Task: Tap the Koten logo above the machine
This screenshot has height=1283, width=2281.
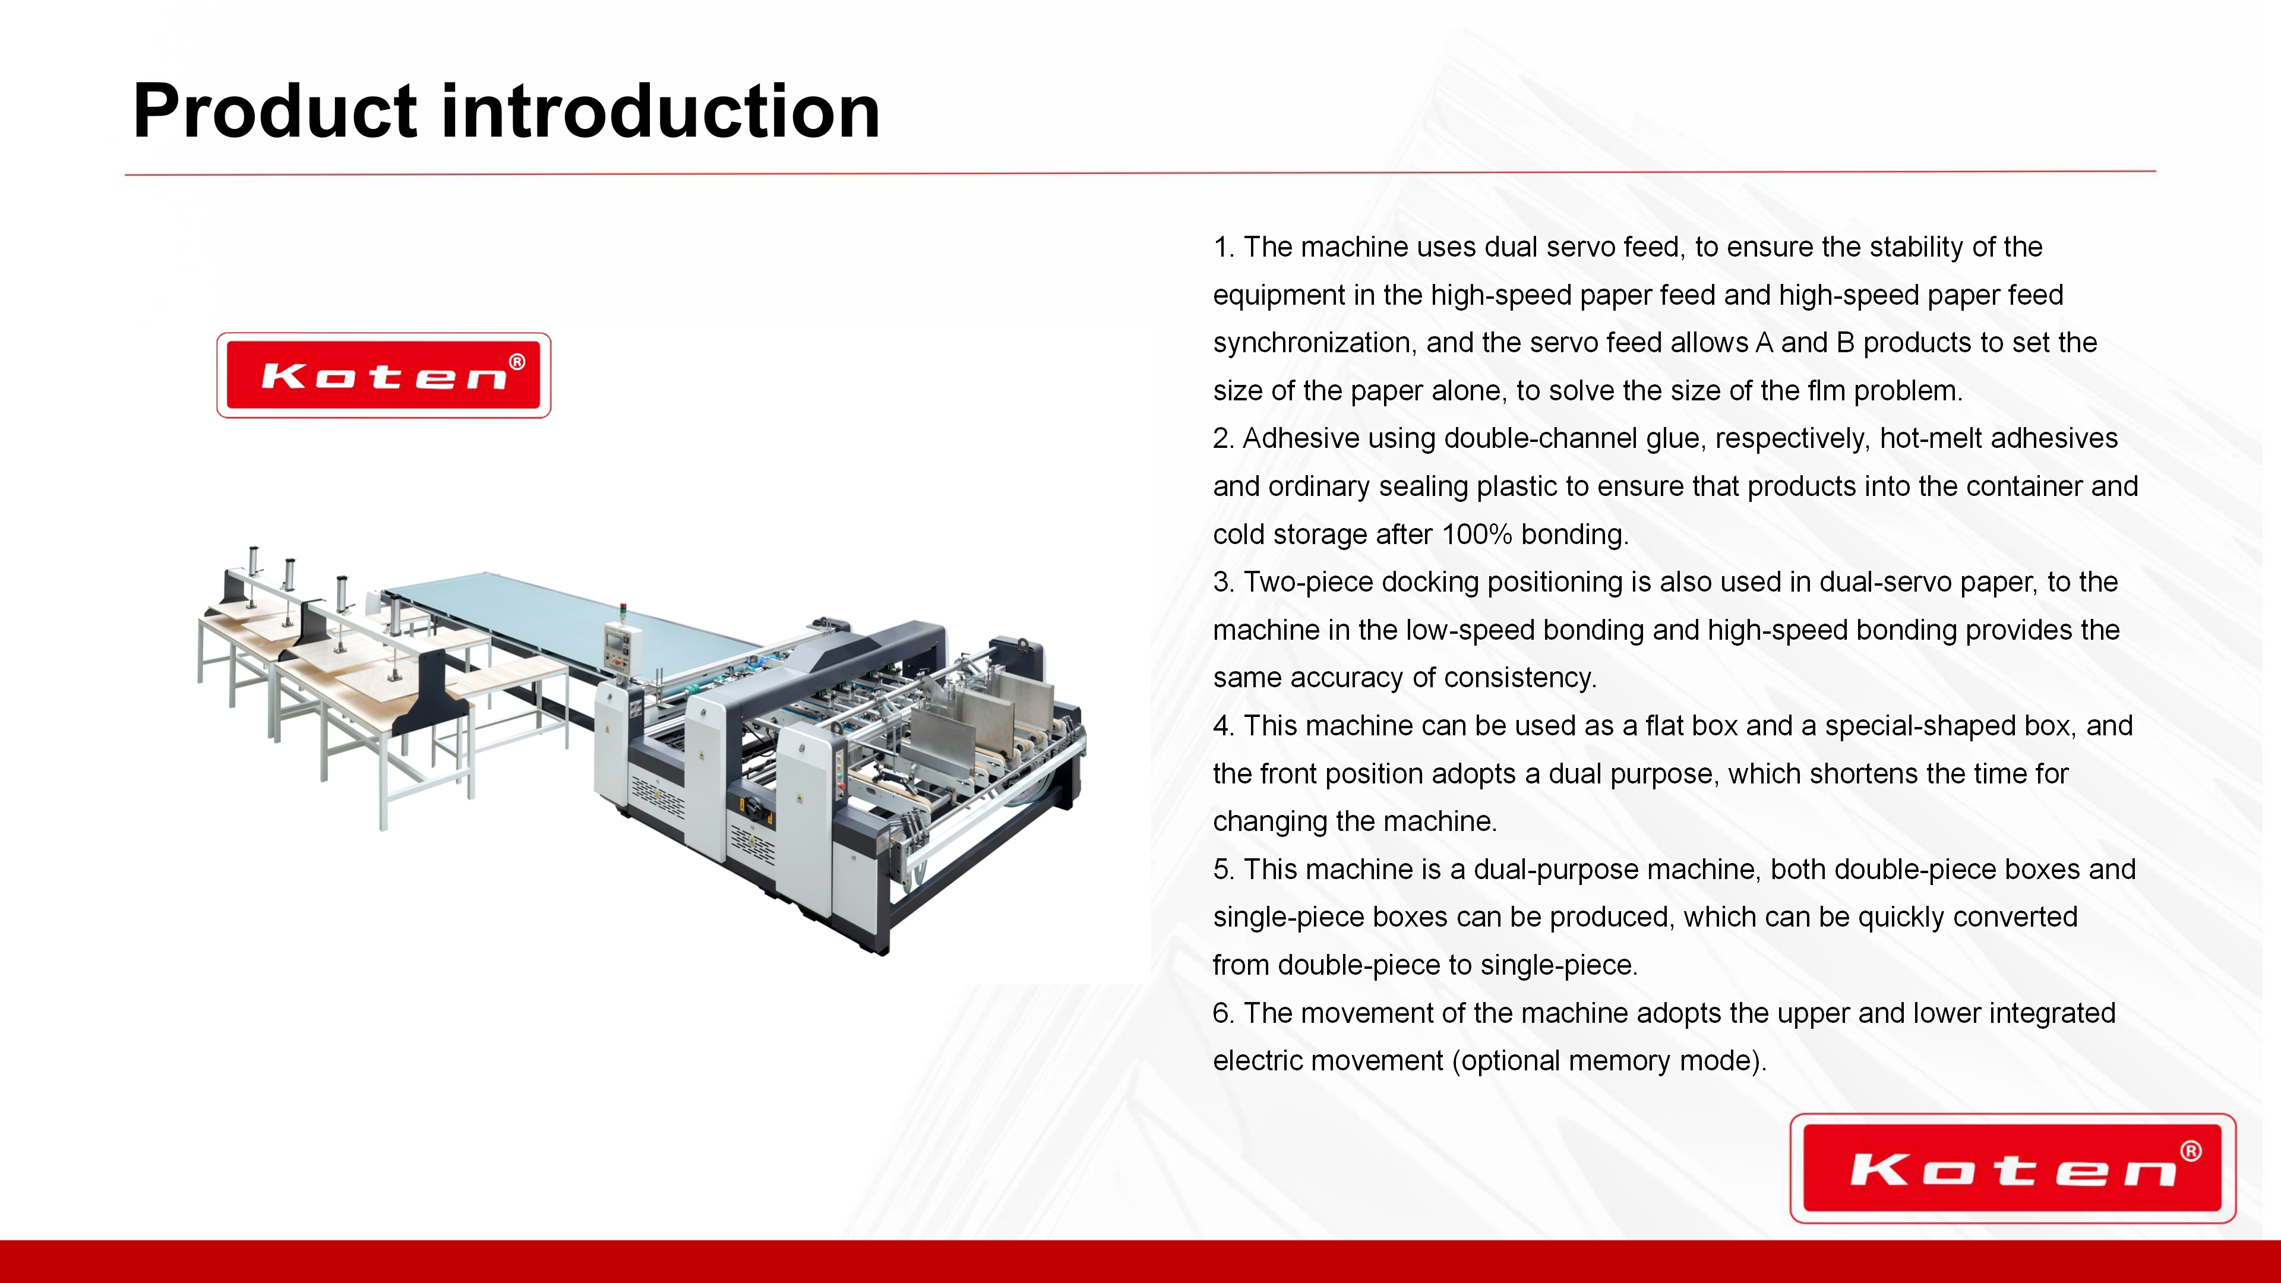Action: pyautogui.click(x=383, y=375)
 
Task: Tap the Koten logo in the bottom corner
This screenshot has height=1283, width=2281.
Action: pyautogui.click(x=2013, y=1168)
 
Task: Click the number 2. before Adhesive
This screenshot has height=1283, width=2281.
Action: pyautogui.click(x=1224, y=438)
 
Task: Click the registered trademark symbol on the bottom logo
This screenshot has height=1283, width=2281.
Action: pyautogui.click(x=2191, y=1151)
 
